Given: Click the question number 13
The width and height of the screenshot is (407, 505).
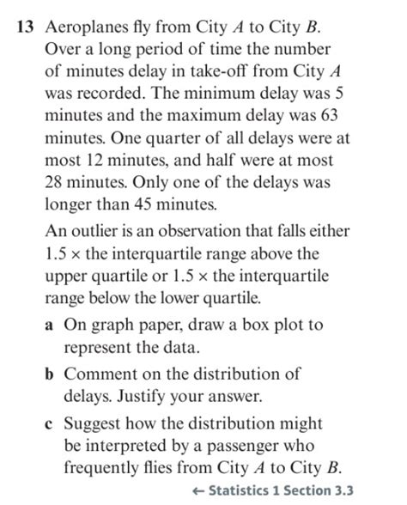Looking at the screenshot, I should (x=26, y=25).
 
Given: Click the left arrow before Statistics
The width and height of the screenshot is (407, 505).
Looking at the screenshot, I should (x=198, y=490).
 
